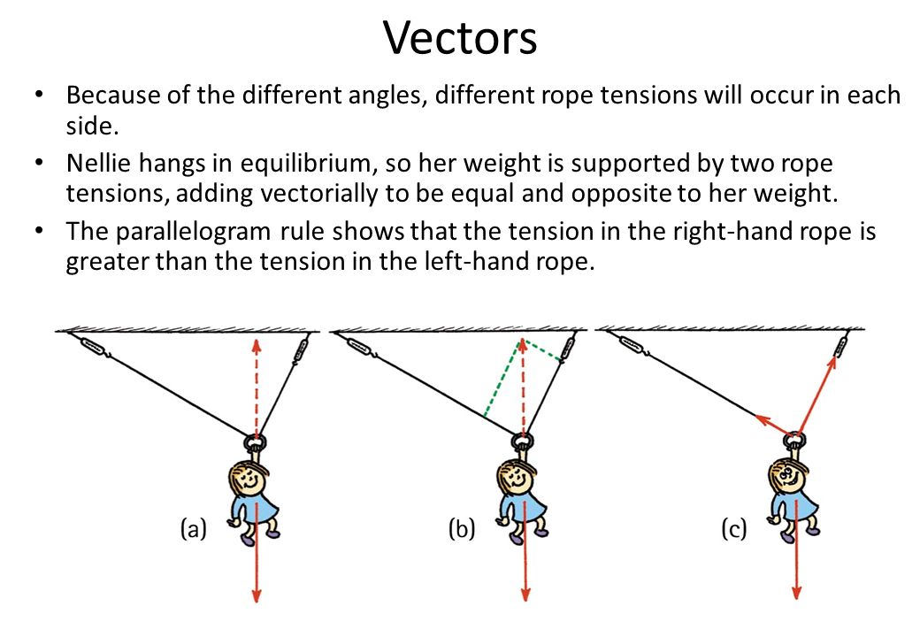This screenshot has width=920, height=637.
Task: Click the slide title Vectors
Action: click(460, 38)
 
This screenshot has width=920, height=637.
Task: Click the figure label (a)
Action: click(194, 529)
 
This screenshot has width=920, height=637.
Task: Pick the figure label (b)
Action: click(461, 529)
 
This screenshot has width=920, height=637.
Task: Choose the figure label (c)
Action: click(732, 529)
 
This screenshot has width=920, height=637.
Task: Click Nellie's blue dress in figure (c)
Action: click(790, 511)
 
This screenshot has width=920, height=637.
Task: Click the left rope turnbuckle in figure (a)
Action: click(93, 346)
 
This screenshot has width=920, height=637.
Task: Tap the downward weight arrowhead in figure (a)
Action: click(257, 595)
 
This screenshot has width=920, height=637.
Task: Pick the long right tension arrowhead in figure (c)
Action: click(835, 358)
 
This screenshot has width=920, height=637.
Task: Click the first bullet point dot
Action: click(37, 95)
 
